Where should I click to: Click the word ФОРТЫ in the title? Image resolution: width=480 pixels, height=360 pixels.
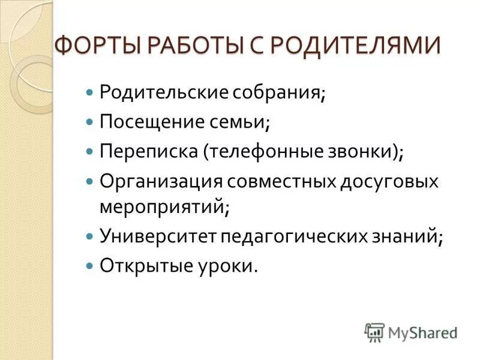point(94,46)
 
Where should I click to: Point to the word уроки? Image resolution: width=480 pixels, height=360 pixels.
point(224,265)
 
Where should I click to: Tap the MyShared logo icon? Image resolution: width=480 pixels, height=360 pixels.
point(374,332)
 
